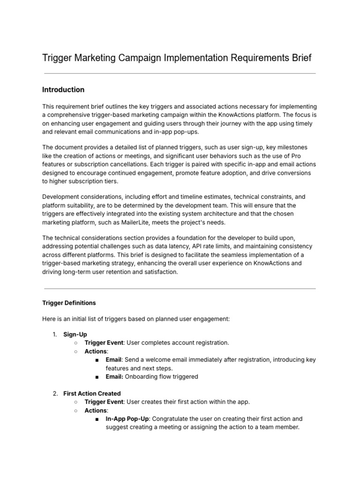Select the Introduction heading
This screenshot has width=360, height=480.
[63, 90]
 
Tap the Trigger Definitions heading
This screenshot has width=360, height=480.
[69, 303]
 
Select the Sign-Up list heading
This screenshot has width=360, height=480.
[75, 334]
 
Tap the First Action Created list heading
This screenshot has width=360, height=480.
[92, 393]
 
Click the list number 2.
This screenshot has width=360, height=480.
[55, 393]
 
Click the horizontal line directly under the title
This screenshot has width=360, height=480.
[180, 74]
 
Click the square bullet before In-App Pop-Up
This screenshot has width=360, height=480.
[97, 419]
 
